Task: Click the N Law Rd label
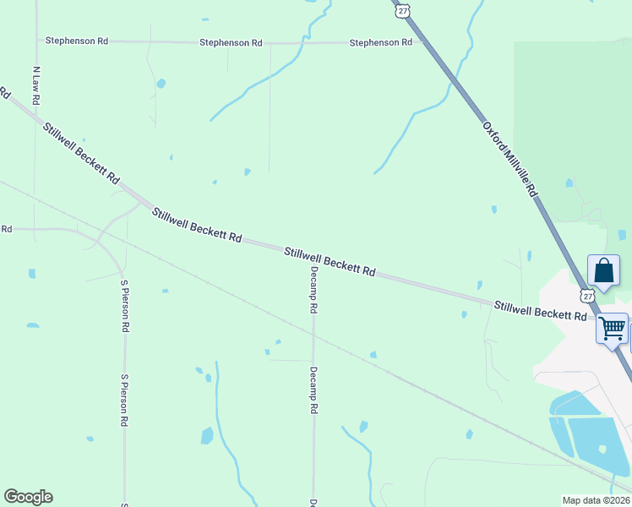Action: (35, 85)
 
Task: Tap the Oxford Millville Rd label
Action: (510, 159)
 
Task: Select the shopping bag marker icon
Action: (603, 271)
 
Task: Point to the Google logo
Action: (28, 497)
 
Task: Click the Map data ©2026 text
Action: (596, 500)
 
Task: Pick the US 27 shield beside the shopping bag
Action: (587, 296)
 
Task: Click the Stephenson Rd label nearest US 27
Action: (380, 42)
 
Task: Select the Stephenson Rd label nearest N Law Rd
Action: (77, 40)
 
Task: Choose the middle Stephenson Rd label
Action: (231, 42)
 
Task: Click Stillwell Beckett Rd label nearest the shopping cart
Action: (540, 309)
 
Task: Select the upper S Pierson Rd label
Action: (124, 305)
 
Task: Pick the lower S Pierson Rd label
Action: (124, 400)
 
